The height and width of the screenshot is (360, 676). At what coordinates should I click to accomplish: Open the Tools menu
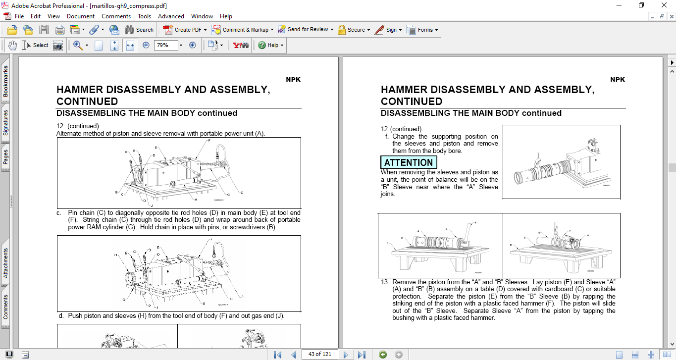point(144,16)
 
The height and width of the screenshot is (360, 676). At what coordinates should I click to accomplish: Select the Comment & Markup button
point(241,30)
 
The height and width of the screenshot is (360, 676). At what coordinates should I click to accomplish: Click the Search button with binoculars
point(139,30)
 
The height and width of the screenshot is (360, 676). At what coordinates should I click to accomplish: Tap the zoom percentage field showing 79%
point(165,45)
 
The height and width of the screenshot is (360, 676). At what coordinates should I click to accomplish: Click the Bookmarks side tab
point(5,81)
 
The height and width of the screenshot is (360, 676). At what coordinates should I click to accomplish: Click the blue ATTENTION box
point(409,162)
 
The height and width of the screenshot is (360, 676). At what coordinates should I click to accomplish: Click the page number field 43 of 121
point(319,354)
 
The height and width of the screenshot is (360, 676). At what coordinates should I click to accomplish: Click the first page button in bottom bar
point(277,355)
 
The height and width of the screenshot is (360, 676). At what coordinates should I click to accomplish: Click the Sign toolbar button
point(387,30)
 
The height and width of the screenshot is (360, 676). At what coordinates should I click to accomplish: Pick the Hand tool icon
point(12,45)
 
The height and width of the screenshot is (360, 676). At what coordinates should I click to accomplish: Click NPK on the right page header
point(618,80)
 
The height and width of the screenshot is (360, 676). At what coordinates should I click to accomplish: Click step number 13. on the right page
point(385,282)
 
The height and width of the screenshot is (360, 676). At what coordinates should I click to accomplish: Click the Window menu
point(202,16)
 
